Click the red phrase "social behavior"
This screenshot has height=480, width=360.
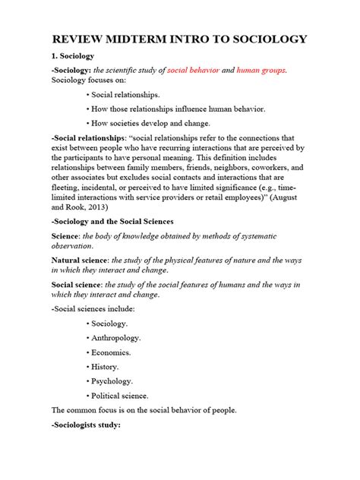point(197,71)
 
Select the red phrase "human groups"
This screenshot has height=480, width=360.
point(261,71)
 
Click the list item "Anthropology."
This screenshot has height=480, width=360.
point(121,338)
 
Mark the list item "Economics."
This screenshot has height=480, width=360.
point(115,352)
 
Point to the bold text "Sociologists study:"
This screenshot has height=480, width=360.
point(86,425)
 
